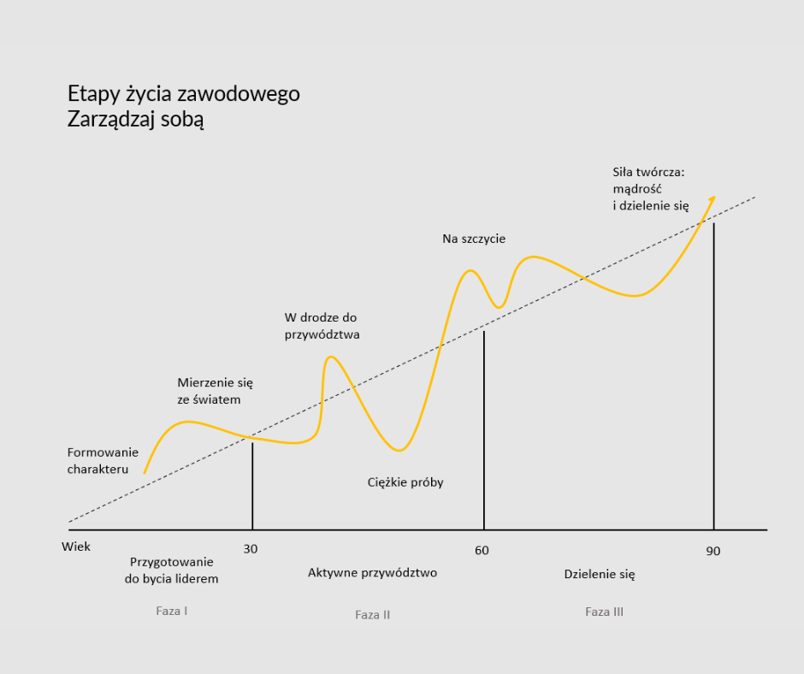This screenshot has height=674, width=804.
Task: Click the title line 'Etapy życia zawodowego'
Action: pos(183,93)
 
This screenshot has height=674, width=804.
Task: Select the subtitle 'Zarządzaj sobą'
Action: pos(135,120)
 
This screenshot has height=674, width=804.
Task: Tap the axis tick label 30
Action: pos(251,549)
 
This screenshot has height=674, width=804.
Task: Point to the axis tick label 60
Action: pos(482,550)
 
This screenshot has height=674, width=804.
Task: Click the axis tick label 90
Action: pos(713,551)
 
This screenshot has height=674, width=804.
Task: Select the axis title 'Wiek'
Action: pos(76,546)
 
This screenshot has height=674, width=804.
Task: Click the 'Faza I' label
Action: pos(172,611)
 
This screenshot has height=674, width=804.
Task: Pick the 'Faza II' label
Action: pos(373,614)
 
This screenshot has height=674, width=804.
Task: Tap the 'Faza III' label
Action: pos(604,612)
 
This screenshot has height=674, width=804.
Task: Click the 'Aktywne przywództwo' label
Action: pos(372,572)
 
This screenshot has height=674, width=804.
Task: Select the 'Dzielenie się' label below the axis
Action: pos(600,574)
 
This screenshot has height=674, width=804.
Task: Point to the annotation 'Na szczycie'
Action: pos(474,239)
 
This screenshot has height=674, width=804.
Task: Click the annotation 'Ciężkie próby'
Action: pos(405,482)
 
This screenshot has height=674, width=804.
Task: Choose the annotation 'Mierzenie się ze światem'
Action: pos(216,390)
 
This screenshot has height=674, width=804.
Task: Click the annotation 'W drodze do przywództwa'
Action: pos(322,326)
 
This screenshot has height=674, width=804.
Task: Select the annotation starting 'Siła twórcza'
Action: pos(651,188)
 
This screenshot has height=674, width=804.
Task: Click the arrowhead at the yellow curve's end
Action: pos(709,202)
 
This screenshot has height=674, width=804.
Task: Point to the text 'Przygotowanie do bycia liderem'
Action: pos(172,570)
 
